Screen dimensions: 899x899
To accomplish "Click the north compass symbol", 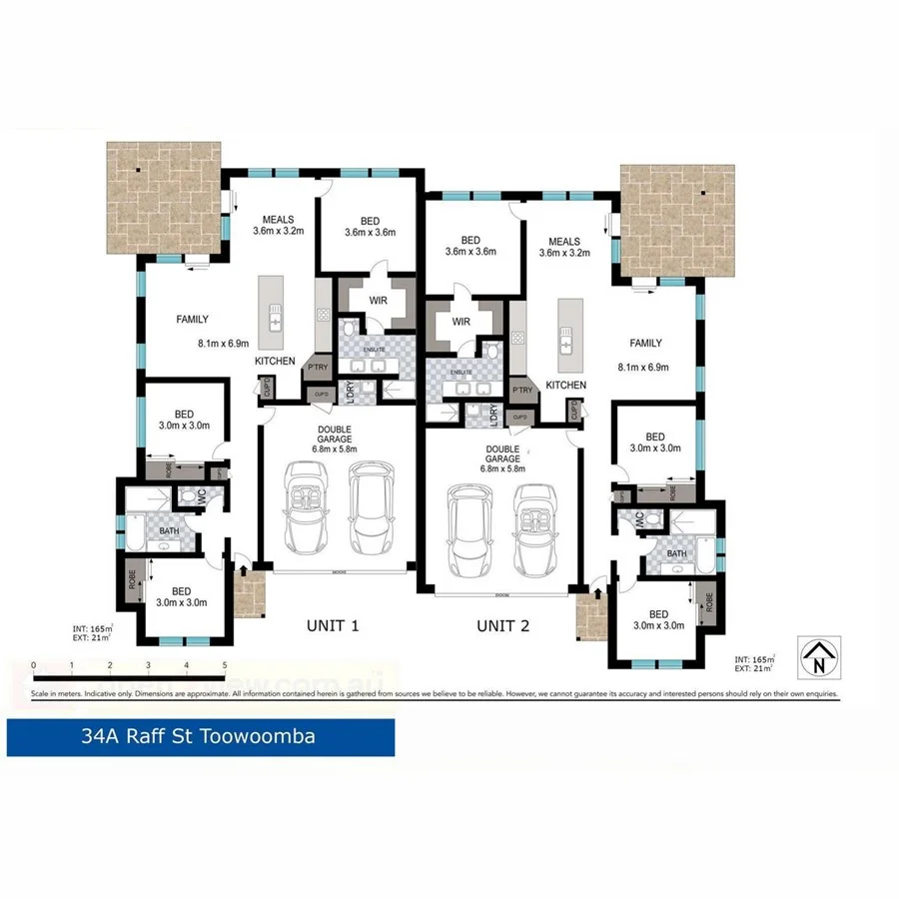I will (x=818, y=657).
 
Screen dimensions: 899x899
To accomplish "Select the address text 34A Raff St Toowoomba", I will (x=199, y=737).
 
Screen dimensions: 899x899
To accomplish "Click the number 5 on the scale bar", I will (x=225, y=664).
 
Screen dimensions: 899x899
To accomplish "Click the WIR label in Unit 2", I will (x=460, y=322).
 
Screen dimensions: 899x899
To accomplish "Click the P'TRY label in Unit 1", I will (x=319, y=366).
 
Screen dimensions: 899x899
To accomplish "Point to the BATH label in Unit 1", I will (x=169, y=530).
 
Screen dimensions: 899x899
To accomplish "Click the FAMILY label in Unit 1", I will (x=192, y=320).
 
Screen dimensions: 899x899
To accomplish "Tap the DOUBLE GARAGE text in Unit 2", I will (x=502, y=456).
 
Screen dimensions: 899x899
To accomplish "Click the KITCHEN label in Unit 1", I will (x=276, y=361).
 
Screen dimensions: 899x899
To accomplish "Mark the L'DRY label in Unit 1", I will (x=350, y=393).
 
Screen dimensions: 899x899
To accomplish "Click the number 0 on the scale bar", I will (x=34, y=664).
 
